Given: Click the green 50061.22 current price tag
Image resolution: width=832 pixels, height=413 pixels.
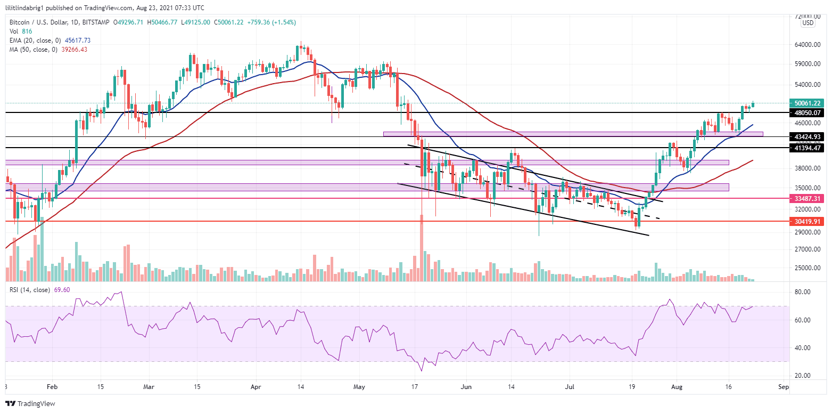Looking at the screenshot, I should coord(807,103).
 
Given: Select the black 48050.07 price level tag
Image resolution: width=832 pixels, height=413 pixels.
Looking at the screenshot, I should coord(807,113).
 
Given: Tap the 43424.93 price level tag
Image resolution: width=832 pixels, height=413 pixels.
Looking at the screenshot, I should coord(807,137).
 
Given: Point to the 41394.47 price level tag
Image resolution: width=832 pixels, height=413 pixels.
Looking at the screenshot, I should coord(807,148).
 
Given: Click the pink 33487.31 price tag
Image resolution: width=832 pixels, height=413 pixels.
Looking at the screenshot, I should coord(807,198).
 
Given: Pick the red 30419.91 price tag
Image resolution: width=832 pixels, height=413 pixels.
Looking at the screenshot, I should coord(807,221).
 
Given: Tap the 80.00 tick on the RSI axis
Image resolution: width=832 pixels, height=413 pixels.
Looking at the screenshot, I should coord(802,292).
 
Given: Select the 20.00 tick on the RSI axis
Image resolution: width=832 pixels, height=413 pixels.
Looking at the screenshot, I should coord(802,376).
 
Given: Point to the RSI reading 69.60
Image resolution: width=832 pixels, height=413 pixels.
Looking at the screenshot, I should coord(62,290).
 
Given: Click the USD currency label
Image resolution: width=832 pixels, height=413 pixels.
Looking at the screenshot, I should coord(808,22).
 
